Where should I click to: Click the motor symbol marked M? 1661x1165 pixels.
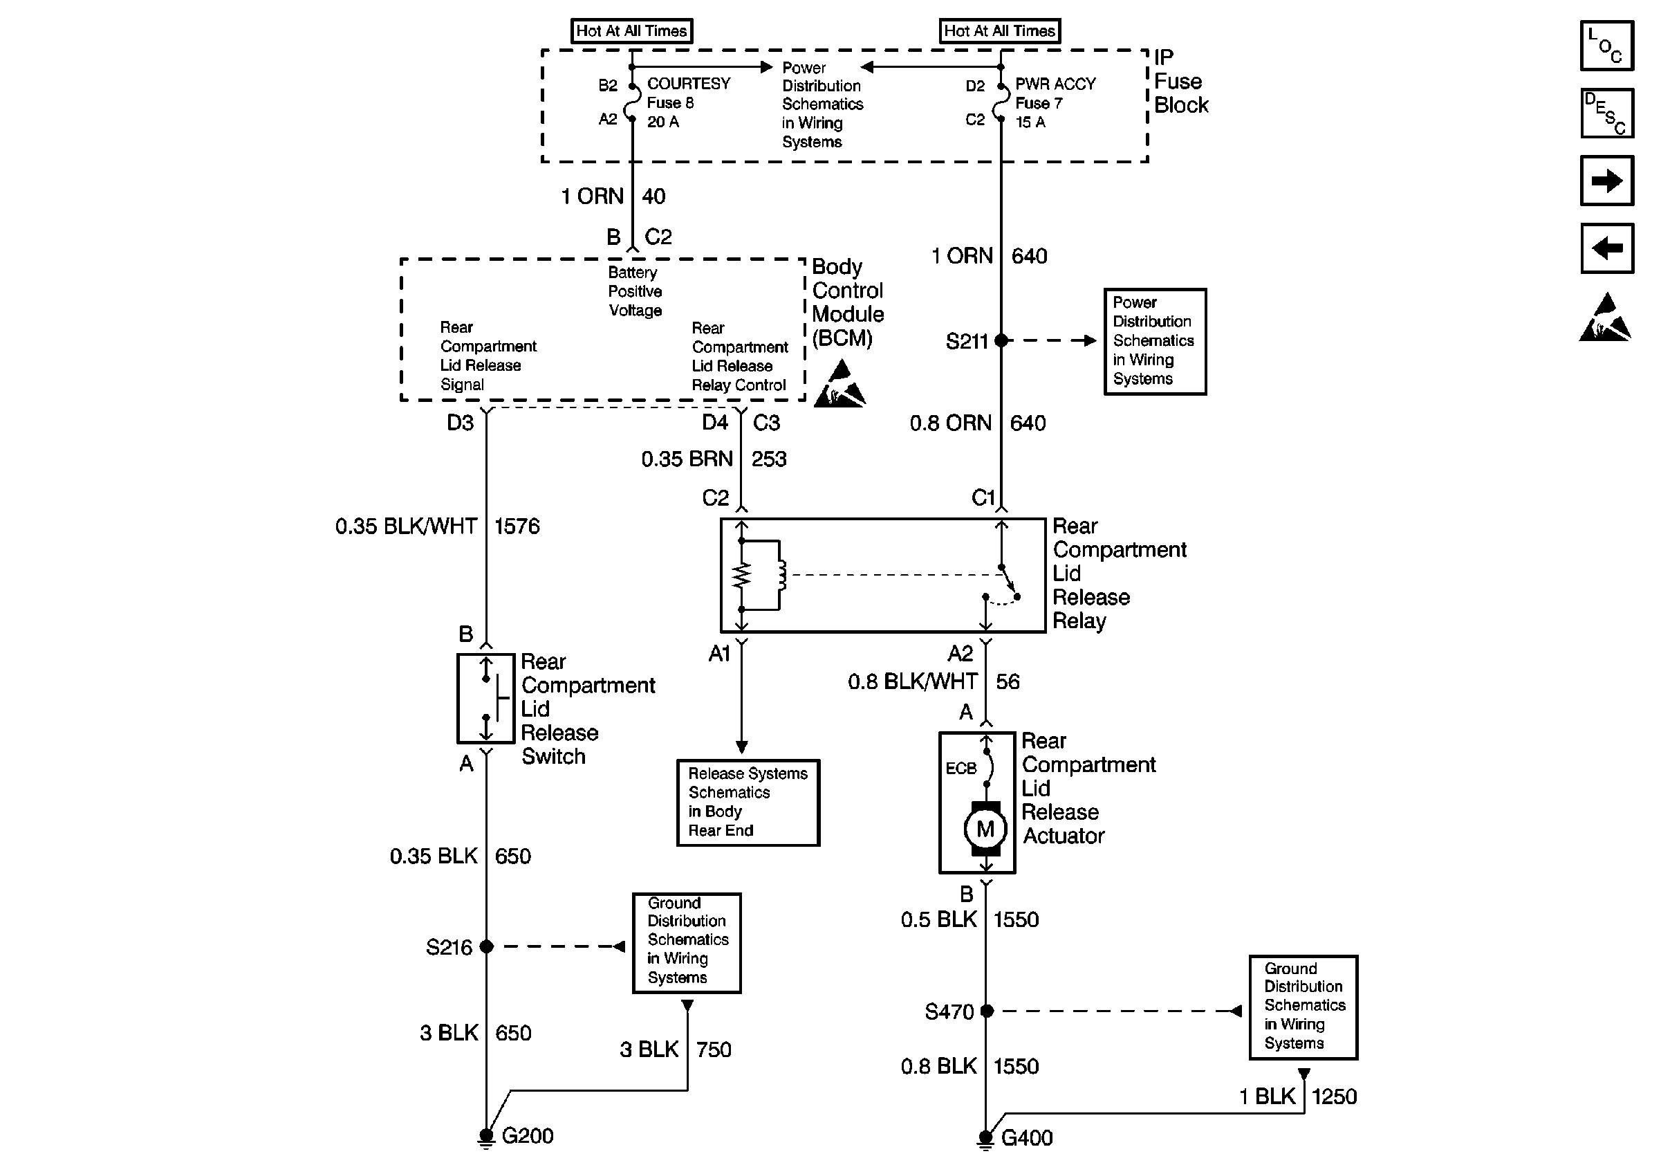tap(985, 829)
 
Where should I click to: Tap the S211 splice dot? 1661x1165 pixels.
tap(1001, 340)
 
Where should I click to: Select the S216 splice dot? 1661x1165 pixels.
tap(486, 946)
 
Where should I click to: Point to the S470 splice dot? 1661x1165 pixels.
tap(987, 1011)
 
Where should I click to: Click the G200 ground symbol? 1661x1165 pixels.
tap(486, 1138)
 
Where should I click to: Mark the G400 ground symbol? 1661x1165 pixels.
tap(985, 1139)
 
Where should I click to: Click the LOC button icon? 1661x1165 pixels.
tap(1607, 46)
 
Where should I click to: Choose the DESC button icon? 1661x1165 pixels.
tap(1607, 113)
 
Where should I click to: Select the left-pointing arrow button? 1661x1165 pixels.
tap(1607, 248)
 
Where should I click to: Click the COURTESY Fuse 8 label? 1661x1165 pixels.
tap(688, 103)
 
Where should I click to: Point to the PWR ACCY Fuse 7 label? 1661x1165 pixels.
tap(1055, 103)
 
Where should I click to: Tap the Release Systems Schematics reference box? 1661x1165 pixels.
tap(748, 802)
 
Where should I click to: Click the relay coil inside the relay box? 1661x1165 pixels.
tap(780, 576)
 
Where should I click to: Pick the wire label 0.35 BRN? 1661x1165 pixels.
tap(687, 459)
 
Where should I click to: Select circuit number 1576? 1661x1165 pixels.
tap(517, 526)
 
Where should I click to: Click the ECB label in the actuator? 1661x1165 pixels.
tap(961, 769)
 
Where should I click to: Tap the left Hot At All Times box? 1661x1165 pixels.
tap(631, 31)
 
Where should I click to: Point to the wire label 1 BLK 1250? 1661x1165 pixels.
tap(1298, 1097)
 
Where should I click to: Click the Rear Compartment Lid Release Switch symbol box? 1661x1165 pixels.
tap(485, 698)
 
